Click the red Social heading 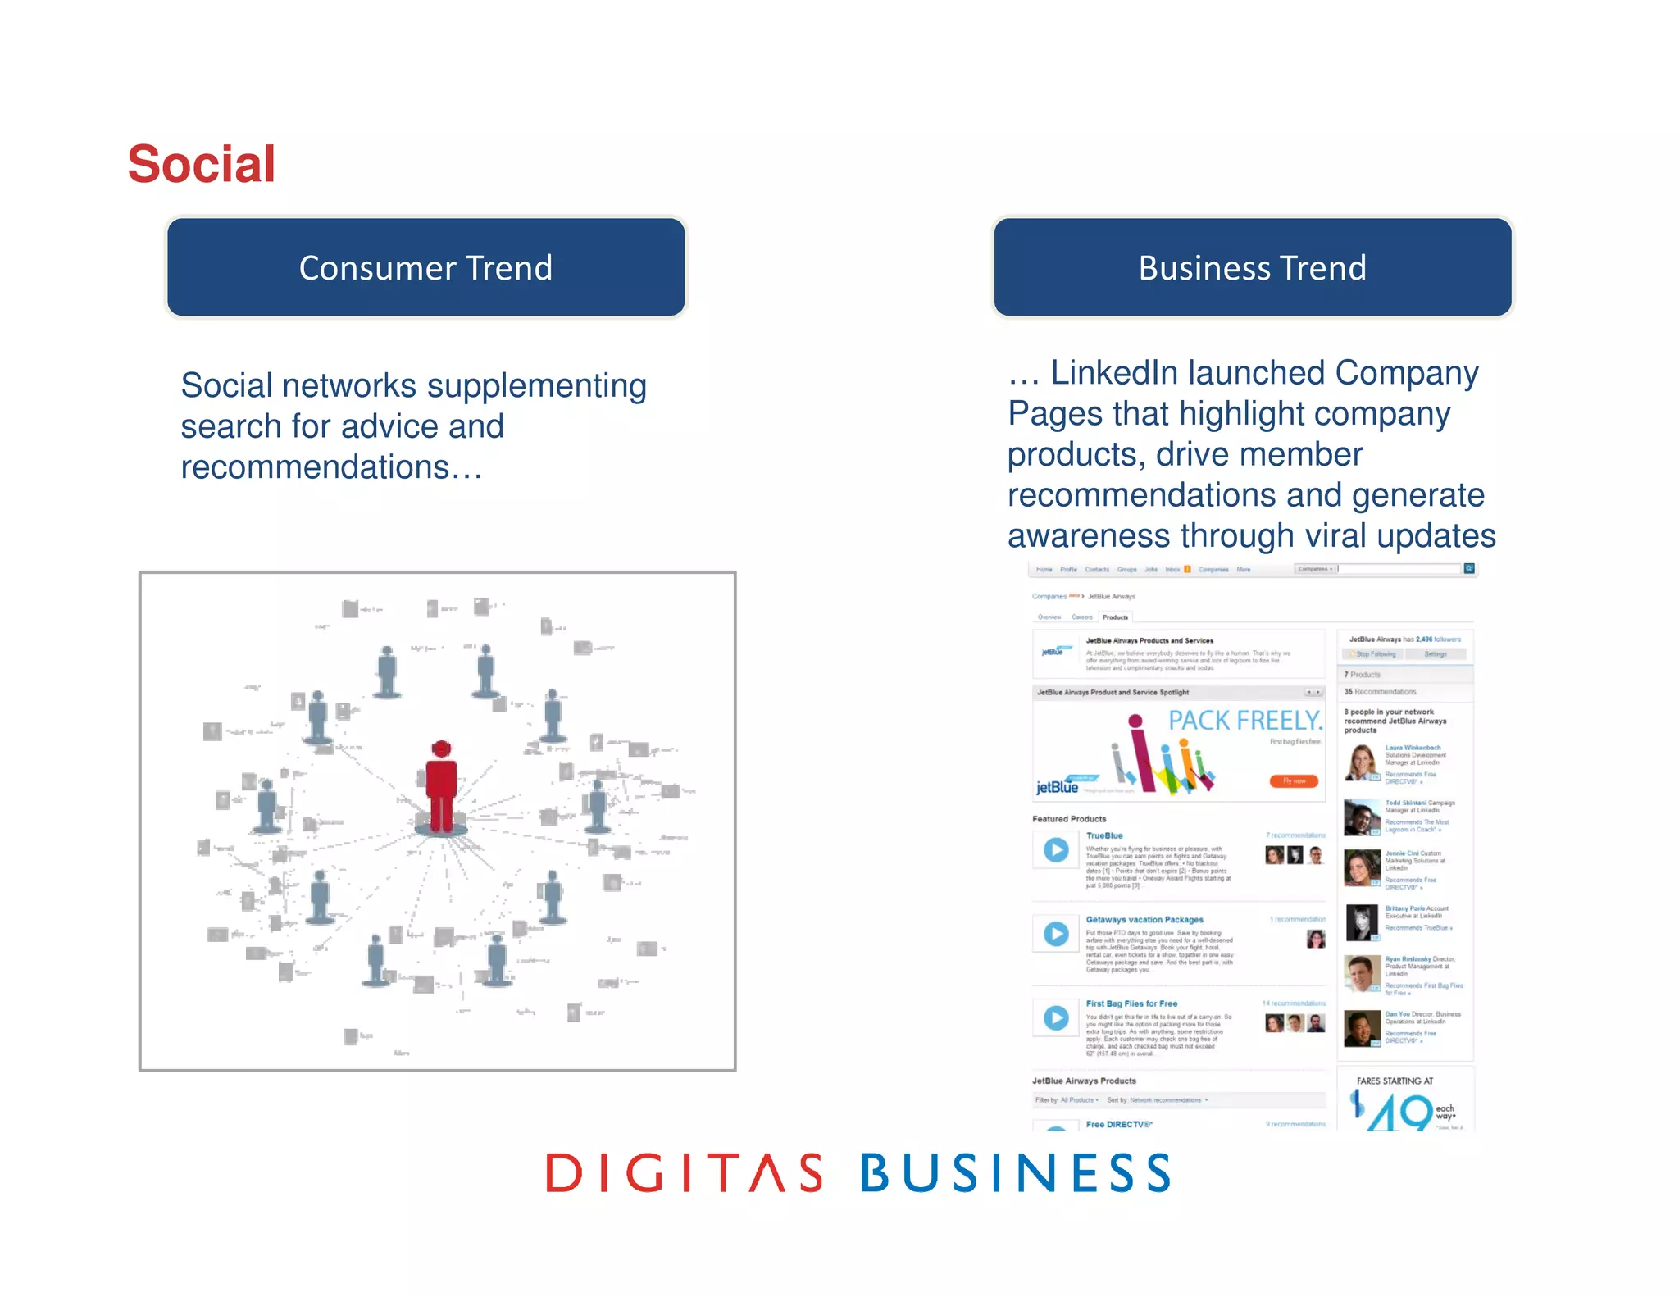point(202,164)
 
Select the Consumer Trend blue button point(425,267)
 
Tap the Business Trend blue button point(1252,267)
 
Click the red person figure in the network point(441,787)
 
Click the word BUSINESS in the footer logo point(1016,1172)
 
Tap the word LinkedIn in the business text point(1118,373)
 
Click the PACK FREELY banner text point(1245,721)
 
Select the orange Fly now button point(1295,780)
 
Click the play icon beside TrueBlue point(1056,850)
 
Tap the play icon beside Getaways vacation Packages point(1056,934)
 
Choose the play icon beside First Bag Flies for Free point(1056,1017)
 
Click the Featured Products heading point(1069,819)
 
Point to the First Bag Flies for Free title point(1131,1003)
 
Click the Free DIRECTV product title point(1119,1124)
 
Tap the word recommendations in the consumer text point(315,467)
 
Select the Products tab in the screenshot point(1115,617)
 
